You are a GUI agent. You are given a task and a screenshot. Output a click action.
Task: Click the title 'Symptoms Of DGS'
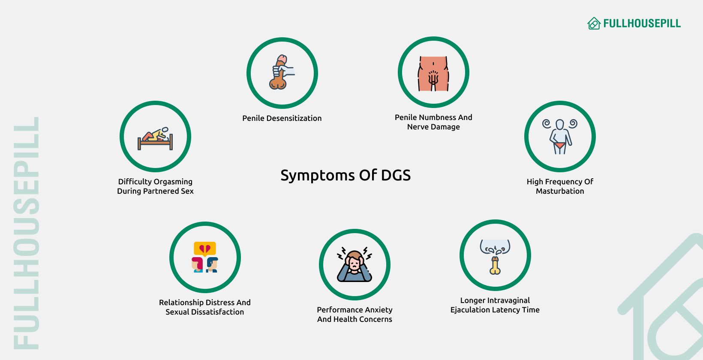pyautogui.click(x=345, y=175)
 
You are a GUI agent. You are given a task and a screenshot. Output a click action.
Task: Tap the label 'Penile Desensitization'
pyautogui.click(x=282, y=118)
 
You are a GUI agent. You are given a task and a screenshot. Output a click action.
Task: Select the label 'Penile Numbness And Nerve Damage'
pyautogui.click(x=433, y=122)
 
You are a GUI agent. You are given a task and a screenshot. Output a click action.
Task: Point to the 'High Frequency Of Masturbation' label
pyautogui.click(x=560, y=186)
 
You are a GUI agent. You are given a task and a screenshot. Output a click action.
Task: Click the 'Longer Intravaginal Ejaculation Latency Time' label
pyautogui.click(x=495, y=305)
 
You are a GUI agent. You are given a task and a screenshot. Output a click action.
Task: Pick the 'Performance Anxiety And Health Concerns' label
pyautogui.click(x=355, y=315)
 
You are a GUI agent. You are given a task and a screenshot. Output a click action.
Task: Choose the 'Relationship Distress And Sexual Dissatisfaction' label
pyautogui.click(x=204, y=307)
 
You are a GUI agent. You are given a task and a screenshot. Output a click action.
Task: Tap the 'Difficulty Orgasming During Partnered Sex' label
pyautogui.click(x=155, y=186)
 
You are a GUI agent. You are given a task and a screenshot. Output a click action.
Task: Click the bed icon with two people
pyautogui.click(x=155, y=138)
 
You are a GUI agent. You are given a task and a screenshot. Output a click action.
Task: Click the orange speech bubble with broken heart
pyautogui.click(x=205, y=249)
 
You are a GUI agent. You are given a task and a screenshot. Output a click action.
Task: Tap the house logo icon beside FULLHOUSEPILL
pyautogui.click(x=594, y=24)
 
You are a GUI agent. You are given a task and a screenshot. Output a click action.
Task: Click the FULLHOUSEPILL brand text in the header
pyautogui.click(x=642, y=24)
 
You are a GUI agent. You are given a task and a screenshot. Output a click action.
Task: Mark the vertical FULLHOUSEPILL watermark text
pyautogui.click(x=27, y=233)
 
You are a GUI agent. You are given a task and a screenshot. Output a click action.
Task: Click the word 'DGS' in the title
pyautogui.click(x=396, y=175)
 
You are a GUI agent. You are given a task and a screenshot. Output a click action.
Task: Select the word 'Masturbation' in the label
pyautogui.click(x=560, y=191)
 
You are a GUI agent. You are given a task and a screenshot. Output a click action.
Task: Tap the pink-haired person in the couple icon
pyautogui.click(x=198, y=264)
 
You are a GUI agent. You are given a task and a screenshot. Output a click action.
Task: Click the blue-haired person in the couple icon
pyautogui.click(x=212, y=264)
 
